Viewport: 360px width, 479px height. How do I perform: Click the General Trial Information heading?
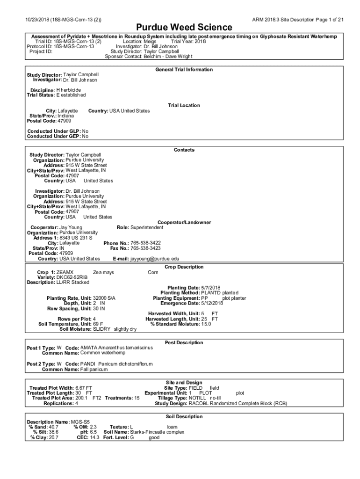(x=184, y=70)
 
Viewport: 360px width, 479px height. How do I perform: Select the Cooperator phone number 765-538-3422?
(x=146, y=243)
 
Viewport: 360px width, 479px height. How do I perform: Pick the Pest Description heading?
(x=184, y=342)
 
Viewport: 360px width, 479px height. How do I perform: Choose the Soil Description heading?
(x=184, y=416)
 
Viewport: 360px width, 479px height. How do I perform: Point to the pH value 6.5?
(x=94, y=432)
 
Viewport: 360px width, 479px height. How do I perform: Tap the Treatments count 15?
(x=137, y=398)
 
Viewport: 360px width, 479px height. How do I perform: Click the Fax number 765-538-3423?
(x=146, y=248)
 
